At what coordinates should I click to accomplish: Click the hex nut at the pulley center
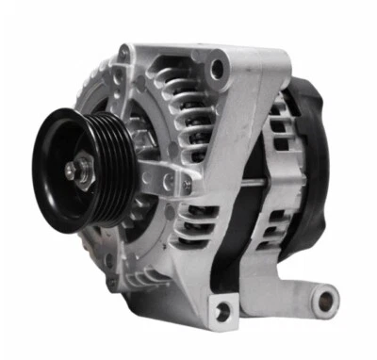click(x=74, y=170)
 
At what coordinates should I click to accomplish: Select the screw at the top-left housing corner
click(x=123, y=57)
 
